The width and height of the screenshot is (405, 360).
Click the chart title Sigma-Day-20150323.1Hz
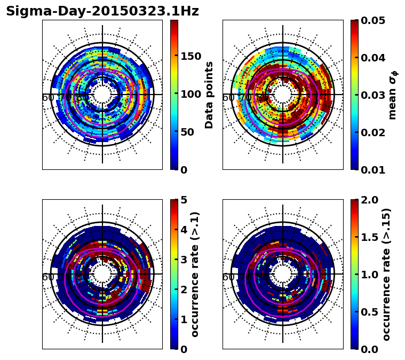click(102, 12)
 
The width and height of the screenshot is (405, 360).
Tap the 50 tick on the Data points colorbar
click(186, 132)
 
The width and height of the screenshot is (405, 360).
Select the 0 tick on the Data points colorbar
click(184, 170)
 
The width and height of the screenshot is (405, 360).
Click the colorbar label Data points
click(209, 95)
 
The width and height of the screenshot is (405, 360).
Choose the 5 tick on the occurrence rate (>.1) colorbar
click(184, 200)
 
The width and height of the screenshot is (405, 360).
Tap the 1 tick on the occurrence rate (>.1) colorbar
click(184, 319)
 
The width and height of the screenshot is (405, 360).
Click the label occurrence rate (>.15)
click(386, 275)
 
